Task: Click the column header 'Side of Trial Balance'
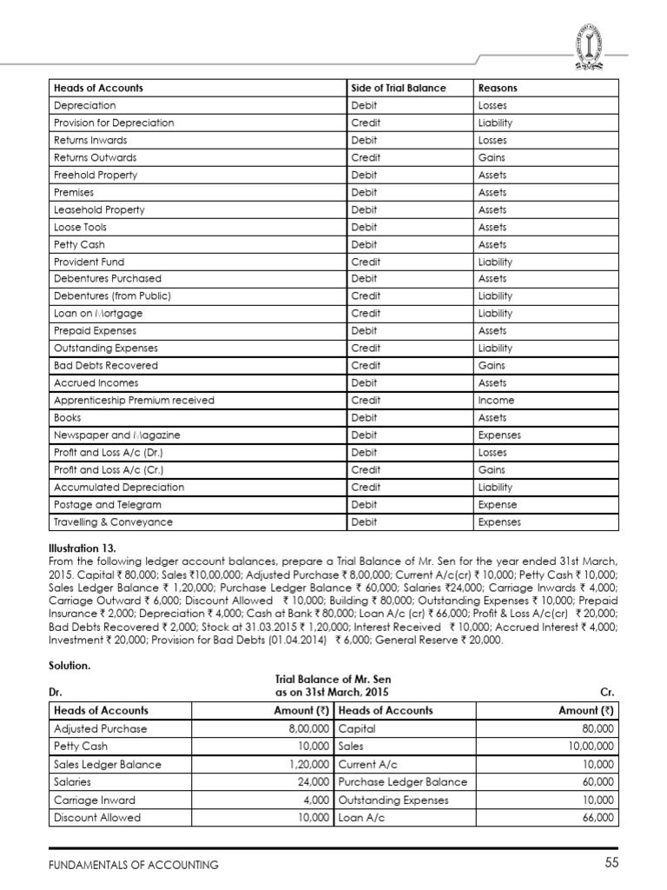(398, 88)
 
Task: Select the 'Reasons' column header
(498, 88)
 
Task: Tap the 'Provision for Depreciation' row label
(114, 123)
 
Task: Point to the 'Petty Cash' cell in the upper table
(79, 244)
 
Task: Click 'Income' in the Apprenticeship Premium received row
(496, 401)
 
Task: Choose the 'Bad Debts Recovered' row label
(106, 366)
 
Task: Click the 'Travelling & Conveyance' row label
(113, 522)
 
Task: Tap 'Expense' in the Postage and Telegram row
(498, 505)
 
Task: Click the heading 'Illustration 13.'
(83, 549)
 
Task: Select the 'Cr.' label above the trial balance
(607, 693)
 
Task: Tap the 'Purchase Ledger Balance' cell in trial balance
(402, 781)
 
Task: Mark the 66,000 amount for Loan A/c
(597, 818)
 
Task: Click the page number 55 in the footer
(611, 863)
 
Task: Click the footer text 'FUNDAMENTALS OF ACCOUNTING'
(133, 865)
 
